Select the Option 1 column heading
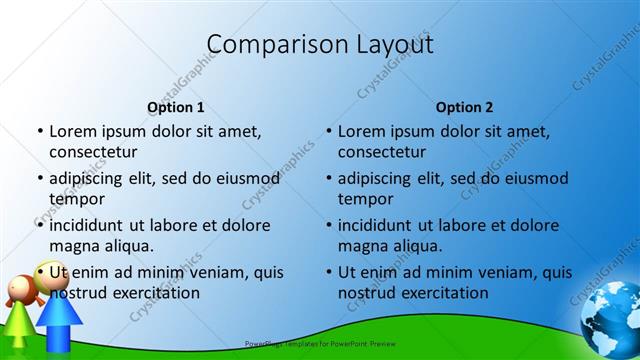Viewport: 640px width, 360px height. (176, 107)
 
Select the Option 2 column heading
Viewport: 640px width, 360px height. (464, 107)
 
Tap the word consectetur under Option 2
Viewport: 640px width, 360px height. (382, 152)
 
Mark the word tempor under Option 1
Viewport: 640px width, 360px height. (75, 199)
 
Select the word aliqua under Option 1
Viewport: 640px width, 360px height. (125, 245)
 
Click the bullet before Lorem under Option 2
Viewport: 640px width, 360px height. (329, 131)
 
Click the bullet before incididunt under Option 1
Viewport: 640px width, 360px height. (40, 225)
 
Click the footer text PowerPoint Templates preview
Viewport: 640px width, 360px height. (319, 343)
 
